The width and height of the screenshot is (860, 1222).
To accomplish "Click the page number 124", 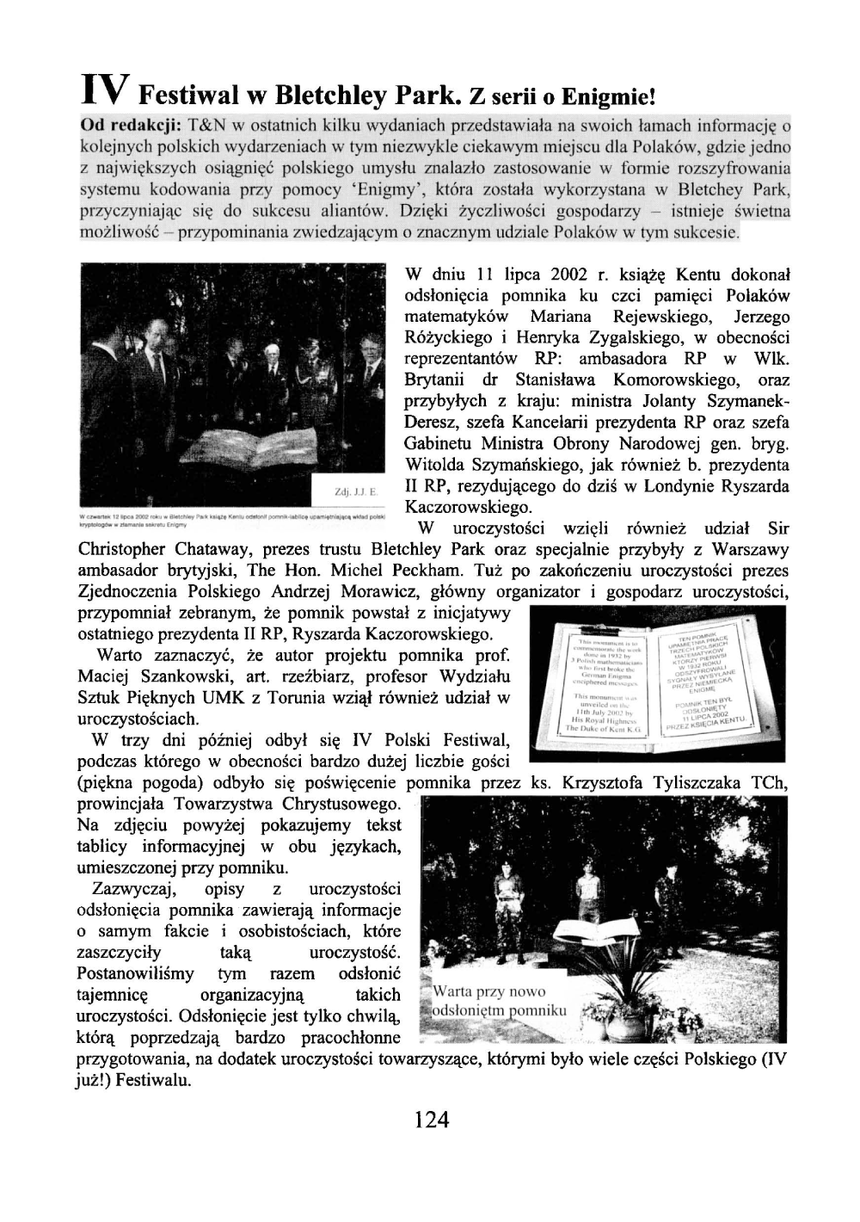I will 431,1120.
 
